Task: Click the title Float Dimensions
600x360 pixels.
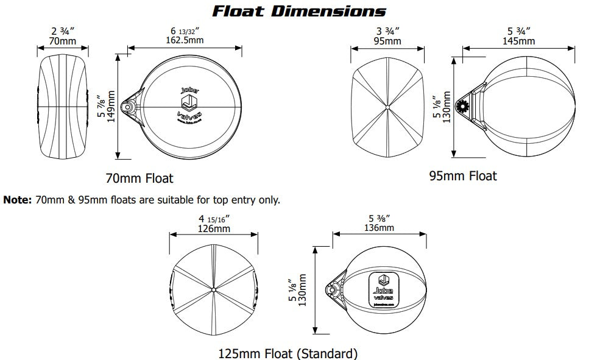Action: click(298, 11)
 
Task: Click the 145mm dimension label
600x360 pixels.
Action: click(518, 41)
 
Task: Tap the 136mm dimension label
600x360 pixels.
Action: click(378, 227)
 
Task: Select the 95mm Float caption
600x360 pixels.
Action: click(463, 176)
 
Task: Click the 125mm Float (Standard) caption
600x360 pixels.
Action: click(288, 353)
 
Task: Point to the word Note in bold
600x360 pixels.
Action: click(16, 199)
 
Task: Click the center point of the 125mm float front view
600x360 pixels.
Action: click(214, 287)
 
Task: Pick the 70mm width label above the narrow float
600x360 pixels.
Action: click(63, 41)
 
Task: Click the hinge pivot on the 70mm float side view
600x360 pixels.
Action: click(129, 107)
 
